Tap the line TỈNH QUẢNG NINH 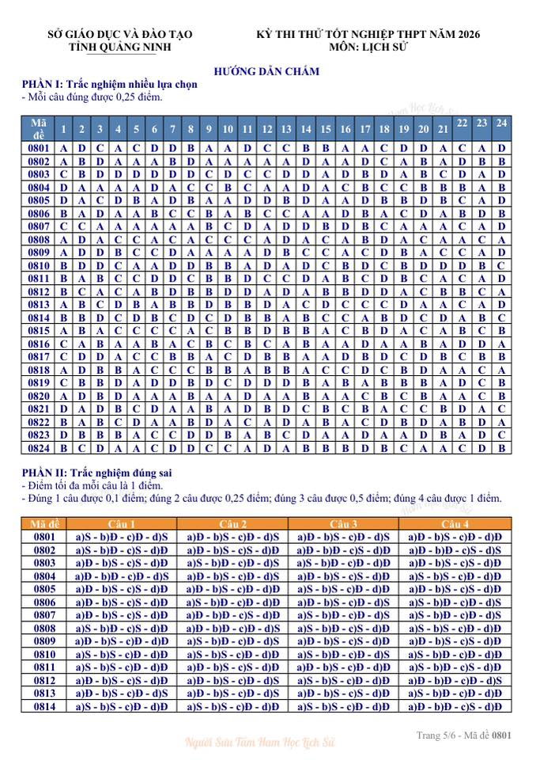(x=119, y=47)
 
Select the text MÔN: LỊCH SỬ (x=368, y=47)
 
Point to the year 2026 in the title (x=466, y=34)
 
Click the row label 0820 (x=40, y=396)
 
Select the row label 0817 (x=40, y=356)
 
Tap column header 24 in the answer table (x=501, y=123)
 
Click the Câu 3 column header (x=344, y=524)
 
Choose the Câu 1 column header (x=122, y=524)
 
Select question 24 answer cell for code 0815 (x=501, y=330)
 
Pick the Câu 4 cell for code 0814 (x=455, y=707)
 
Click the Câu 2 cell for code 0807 (x=232, y=615)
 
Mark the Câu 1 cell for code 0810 (x=122, y=655)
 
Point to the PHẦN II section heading (x=98, y=473)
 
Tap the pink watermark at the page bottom (x=260, y=743)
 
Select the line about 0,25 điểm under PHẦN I (x=92, y=97)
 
